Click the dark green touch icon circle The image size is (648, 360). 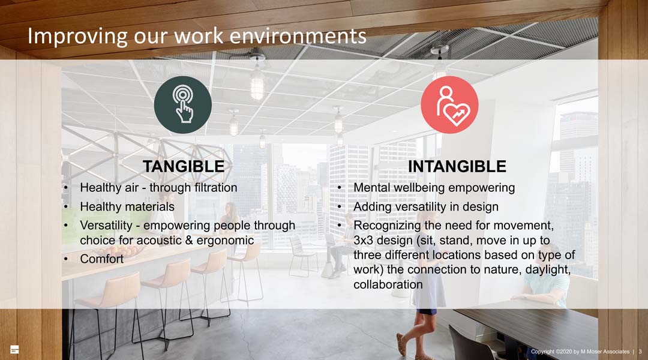182,104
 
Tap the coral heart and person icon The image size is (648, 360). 449,104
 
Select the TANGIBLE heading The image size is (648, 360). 184,167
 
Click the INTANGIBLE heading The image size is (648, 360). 457,167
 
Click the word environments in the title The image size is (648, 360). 298,36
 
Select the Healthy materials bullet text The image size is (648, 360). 127,206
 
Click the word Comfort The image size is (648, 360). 101,259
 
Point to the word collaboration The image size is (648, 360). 388,284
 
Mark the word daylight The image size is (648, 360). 548,269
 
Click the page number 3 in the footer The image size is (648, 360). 640,352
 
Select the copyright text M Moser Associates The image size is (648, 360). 605,352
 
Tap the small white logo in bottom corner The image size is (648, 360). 14,349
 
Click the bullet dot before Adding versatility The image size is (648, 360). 339,206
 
